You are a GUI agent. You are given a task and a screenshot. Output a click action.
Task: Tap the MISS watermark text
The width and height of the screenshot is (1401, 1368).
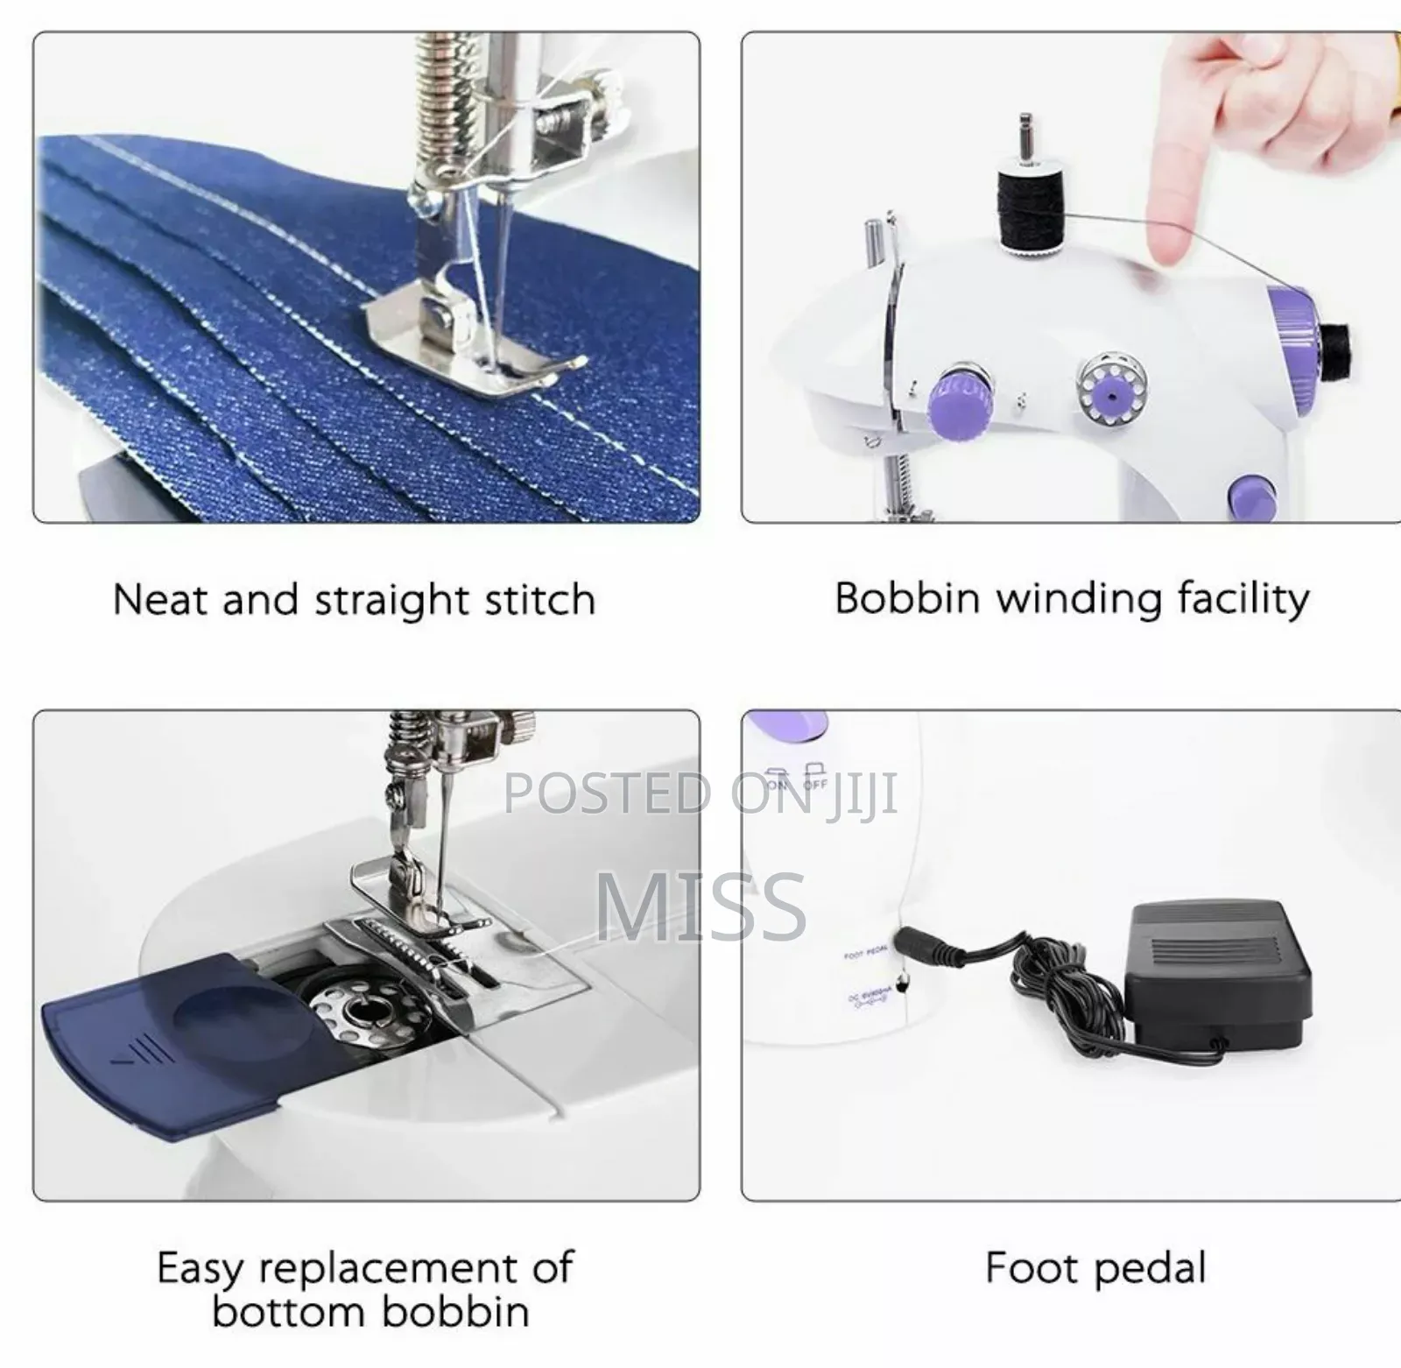pos(700,907)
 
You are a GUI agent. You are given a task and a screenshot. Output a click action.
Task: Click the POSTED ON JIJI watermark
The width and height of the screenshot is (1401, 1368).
pos(700,793)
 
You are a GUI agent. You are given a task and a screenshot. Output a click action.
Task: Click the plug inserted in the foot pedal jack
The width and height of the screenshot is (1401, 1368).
pos(928,941)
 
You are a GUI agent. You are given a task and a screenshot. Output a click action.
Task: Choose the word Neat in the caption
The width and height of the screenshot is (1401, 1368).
pos(161,601)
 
